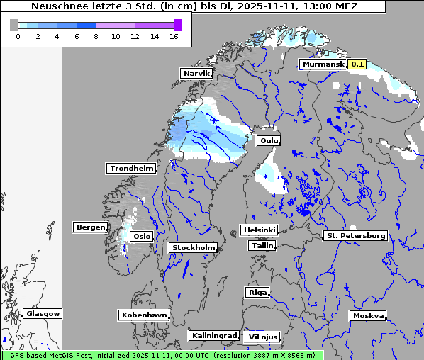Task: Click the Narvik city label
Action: coord(197,73)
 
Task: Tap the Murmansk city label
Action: coord(323,64)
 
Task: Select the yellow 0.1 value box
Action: coord(357,64)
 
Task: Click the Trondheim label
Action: coord(131,168)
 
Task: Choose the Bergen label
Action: coord(90,227)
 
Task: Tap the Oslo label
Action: coord(142,236)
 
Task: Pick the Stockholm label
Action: coord(194,247)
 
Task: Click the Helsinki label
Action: coord(259,230)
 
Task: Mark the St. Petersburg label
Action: coord(355,235)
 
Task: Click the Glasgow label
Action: coord(43,313)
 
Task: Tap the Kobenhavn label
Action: coord(144,315)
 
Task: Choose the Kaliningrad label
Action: coord(213,335)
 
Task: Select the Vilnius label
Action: coord(262,337)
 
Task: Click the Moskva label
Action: coord(368,315)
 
